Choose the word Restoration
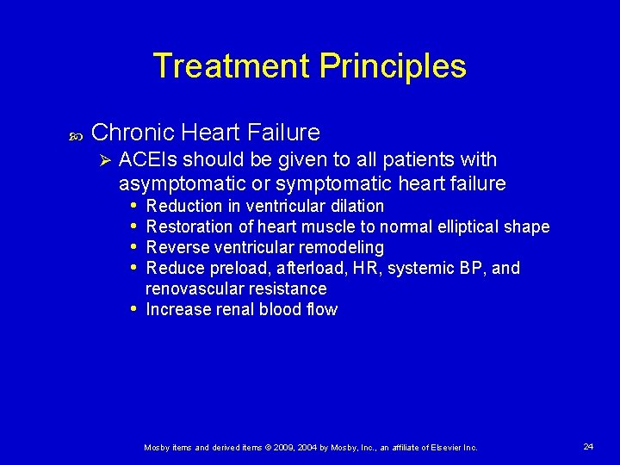(x=191, y=226)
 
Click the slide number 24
(x=588, y=446)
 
